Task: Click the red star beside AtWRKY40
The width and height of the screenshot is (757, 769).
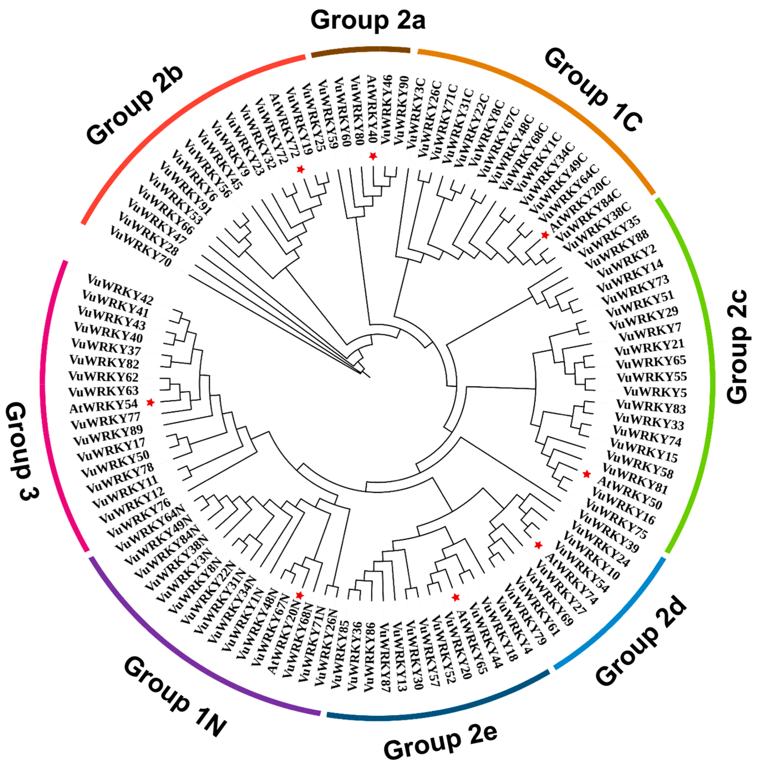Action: (372, 156)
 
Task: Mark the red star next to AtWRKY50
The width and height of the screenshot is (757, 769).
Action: (586, 474)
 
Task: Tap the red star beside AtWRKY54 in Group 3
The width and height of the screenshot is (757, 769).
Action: (150, 402)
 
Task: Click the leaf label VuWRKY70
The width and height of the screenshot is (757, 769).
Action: (140, 246)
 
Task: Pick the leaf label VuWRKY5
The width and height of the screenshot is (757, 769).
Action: (655, 392)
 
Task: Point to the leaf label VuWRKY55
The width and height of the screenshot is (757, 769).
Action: (652, 376)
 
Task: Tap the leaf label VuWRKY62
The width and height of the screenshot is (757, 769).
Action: (103, 376)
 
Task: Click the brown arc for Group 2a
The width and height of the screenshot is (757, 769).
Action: (360, 51)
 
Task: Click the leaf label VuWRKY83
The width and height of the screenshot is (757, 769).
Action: (651, 407)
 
